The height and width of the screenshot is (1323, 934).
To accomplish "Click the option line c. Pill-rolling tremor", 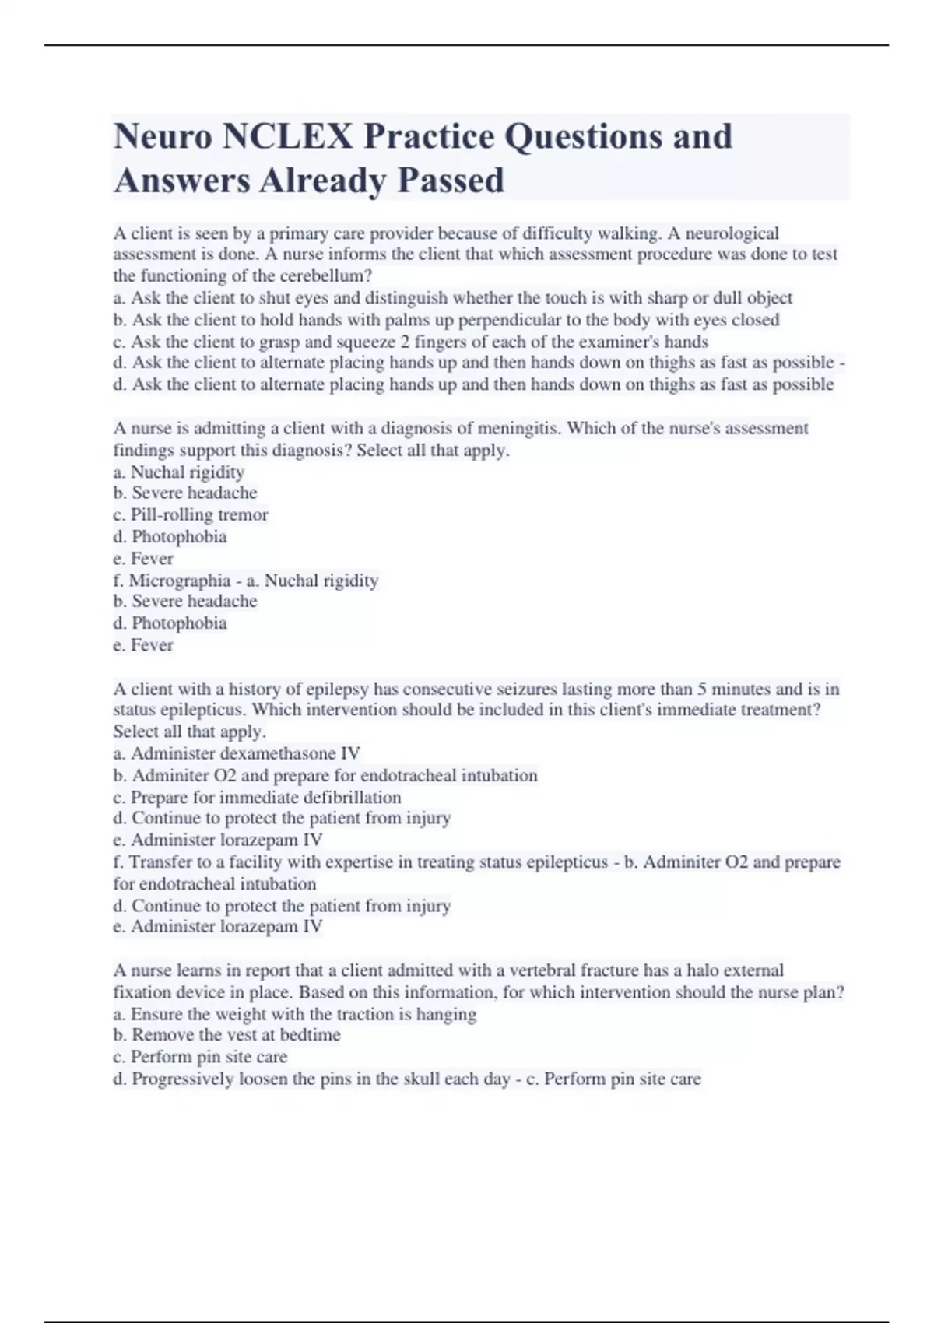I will pos(191,514).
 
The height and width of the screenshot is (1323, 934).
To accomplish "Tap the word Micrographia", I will pos(180,580).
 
